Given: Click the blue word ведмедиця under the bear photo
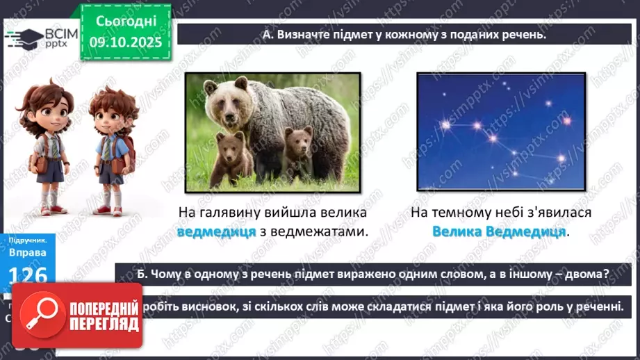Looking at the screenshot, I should (x=217, y=231).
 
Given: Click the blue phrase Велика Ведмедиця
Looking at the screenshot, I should (x=499, y=231).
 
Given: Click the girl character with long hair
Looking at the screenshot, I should (x=51, y=146).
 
